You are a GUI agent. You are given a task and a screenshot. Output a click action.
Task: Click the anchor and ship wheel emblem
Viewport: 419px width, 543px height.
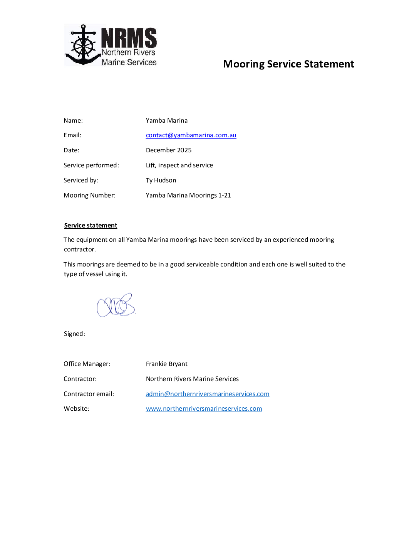83,46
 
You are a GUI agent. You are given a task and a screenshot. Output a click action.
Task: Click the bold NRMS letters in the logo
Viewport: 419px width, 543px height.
129,38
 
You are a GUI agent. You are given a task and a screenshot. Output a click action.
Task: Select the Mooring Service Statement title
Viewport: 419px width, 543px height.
288,64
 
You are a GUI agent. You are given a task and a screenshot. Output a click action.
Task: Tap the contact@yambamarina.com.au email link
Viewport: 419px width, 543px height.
191,135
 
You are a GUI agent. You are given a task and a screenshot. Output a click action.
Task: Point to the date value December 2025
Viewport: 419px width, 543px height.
169,150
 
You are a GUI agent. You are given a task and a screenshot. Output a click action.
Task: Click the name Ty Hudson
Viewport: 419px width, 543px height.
161,180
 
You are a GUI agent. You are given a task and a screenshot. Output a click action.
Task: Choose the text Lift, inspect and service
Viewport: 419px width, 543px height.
179,165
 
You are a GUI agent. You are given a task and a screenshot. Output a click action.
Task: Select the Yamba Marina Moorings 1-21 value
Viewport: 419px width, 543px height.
188,196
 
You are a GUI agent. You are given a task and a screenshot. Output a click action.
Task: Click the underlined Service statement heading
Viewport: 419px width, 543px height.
91,226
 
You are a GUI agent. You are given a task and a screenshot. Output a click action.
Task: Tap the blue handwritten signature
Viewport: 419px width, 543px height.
116,305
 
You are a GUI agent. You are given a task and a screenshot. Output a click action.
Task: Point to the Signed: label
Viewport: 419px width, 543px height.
74,334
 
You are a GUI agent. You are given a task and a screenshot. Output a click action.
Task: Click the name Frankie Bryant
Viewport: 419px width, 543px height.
167,364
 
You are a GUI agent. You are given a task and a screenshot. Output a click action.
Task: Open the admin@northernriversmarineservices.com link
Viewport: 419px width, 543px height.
208,394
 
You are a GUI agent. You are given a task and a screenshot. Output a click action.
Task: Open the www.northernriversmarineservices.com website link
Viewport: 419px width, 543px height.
204,409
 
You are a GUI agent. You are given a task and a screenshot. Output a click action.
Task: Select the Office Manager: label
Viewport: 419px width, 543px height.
87,364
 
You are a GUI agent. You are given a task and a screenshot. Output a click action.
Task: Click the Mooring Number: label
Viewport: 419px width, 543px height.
89,196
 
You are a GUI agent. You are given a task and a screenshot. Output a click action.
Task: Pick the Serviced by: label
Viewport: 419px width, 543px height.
81,180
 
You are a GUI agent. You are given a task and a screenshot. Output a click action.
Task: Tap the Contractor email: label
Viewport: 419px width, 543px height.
89,394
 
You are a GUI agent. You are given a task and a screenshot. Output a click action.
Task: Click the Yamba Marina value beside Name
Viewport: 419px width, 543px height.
167,121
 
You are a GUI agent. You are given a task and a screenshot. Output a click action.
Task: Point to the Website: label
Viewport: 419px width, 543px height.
76,409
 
